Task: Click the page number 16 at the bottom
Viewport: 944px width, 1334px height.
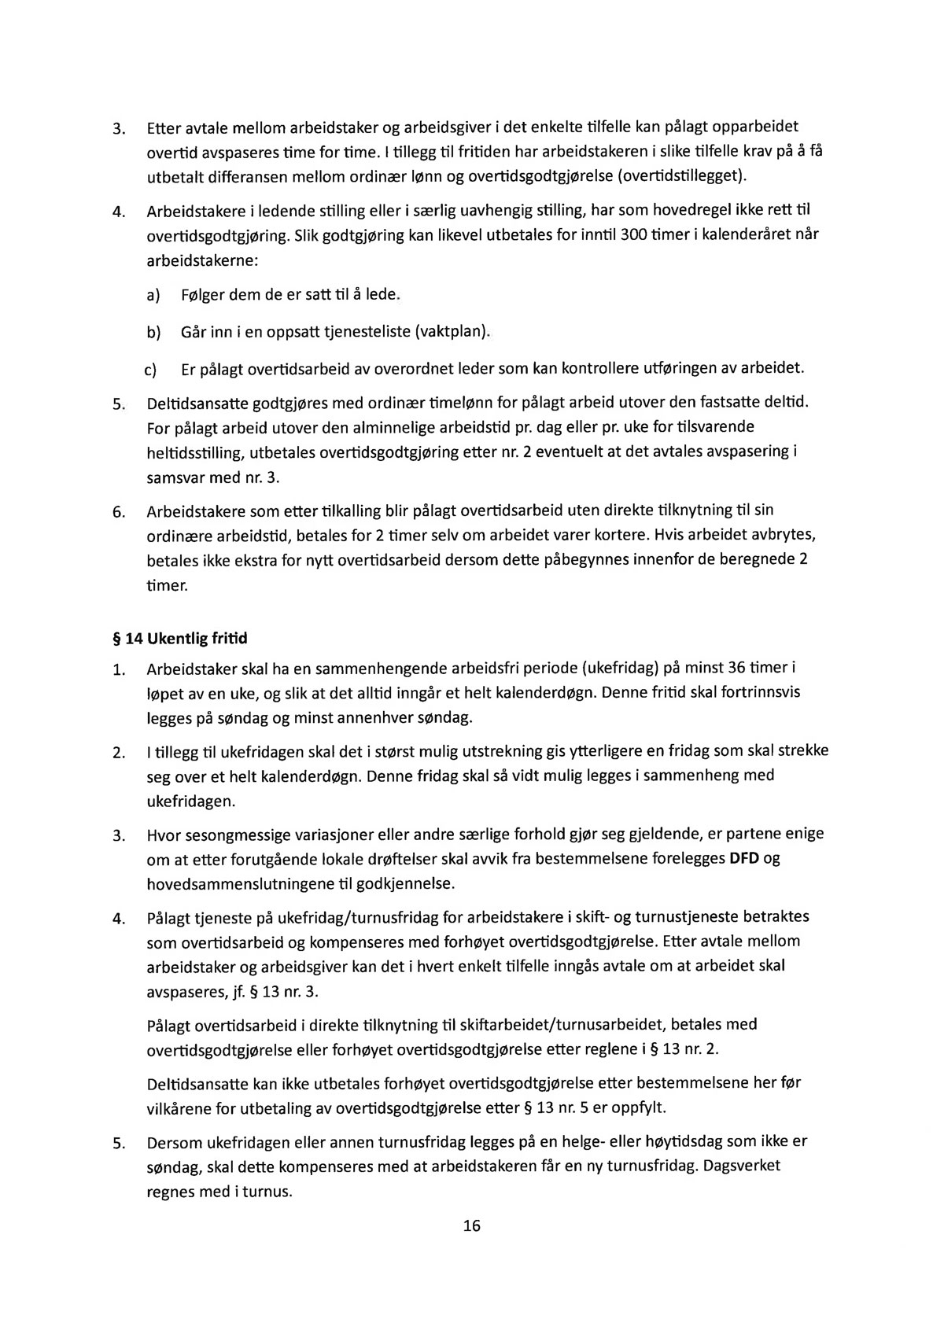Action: [472, 1225]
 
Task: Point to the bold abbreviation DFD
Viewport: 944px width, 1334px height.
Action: [743, 858]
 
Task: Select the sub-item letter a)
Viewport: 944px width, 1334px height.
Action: [153, 296]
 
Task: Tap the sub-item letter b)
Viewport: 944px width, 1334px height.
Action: [153, 332]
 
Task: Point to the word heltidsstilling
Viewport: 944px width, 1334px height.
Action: [195, 455]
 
